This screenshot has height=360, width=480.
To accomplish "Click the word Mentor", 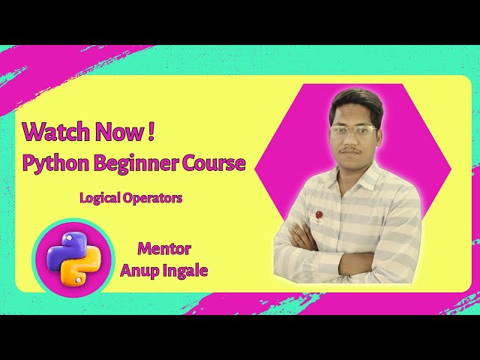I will (163, 249).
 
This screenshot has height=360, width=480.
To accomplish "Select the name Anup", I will (139, 270).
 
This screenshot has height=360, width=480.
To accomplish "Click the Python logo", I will (73, 258).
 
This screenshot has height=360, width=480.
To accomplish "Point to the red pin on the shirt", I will (319, 215).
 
